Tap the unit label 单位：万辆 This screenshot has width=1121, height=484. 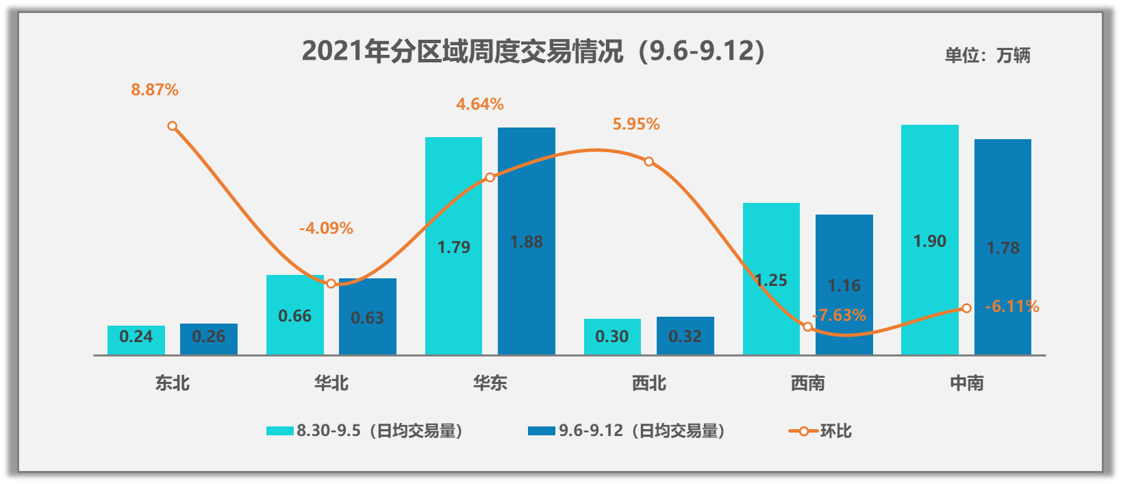point(987,55)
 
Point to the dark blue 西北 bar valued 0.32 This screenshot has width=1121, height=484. point(685,335)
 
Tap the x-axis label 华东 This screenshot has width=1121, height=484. point(490,383)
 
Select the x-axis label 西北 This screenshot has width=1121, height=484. point(649,383)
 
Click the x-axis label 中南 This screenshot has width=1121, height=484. point(966,383)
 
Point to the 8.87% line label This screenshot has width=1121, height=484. point(155,90)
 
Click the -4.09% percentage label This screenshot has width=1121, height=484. point(326,228)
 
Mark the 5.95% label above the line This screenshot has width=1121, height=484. point(636,124)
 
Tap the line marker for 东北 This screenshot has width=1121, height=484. point(173,126)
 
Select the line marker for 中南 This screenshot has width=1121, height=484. point(966,308)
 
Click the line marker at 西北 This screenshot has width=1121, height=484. point(649,162)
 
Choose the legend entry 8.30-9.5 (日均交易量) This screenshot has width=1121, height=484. point(364,431)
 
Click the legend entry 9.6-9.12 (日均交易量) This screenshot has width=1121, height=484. point(627,431)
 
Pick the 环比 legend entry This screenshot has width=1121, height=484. point(820,431)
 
